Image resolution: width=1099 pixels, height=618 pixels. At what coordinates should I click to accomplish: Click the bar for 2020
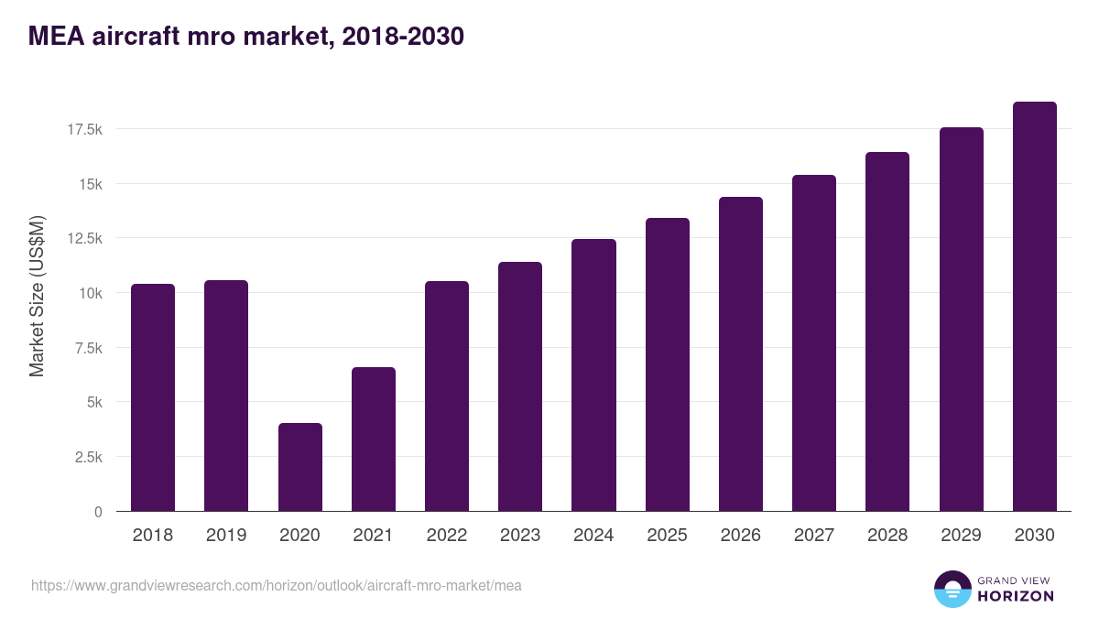point(299,467)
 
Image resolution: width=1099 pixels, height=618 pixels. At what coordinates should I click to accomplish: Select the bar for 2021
point(373,439)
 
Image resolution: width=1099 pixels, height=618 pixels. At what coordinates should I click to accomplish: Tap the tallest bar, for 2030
point(1034,307)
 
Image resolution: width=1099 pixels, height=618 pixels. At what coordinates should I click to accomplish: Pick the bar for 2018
point(153,397)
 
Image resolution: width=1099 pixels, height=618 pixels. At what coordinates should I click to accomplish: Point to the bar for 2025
point(667,364)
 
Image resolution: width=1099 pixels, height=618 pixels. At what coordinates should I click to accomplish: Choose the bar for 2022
point(447,396)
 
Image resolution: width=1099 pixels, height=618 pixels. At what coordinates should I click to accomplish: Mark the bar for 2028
point(887,331)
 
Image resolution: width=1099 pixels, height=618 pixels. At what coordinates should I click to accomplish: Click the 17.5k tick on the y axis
point(84,130)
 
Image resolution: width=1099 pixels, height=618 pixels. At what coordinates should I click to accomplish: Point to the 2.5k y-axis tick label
point(87,457)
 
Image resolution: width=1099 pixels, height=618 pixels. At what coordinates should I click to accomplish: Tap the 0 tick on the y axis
point(97,512)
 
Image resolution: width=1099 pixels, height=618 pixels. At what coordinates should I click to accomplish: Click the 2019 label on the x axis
point(226,536)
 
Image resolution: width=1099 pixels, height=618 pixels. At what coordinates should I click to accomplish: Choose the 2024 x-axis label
point(593,536)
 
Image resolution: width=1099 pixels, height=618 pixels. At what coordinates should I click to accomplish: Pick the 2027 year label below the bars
point(814,536)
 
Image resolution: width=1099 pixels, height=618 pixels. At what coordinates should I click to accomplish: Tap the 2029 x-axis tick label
point(961,536)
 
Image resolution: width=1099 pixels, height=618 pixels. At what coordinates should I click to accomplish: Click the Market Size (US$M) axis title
point(37,296)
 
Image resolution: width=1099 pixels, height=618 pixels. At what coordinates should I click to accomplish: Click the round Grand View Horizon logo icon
point(952,589)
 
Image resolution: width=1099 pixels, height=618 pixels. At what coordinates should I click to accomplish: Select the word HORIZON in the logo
point(1017,596)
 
